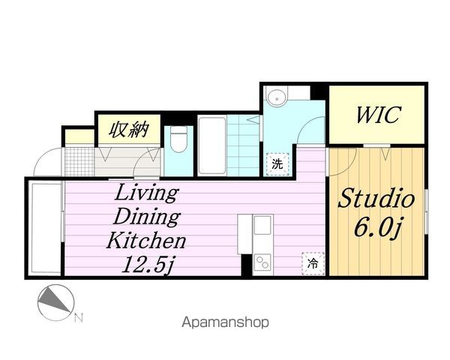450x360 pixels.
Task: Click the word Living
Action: [145, 193]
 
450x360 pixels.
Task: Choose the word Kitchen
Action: [145, 241]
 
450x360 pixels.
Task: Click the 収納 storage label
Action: [127, 130]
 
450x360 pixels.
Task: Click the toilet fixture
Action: [178, 142]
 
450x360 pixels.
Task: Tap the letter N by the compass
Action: [79, 318]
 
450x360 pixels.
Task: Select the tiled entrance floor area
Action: [78, 159]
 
